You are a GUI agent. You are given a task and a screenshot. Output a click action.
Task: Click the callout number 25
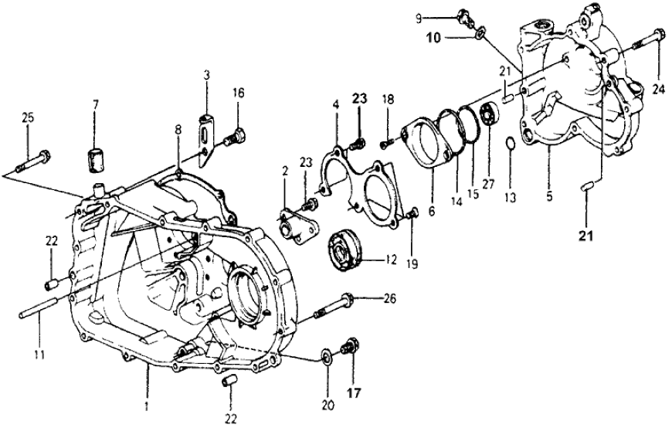point(28,117)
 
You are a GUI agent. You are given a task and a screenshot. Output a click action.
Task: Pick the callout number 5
point(549,197)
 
